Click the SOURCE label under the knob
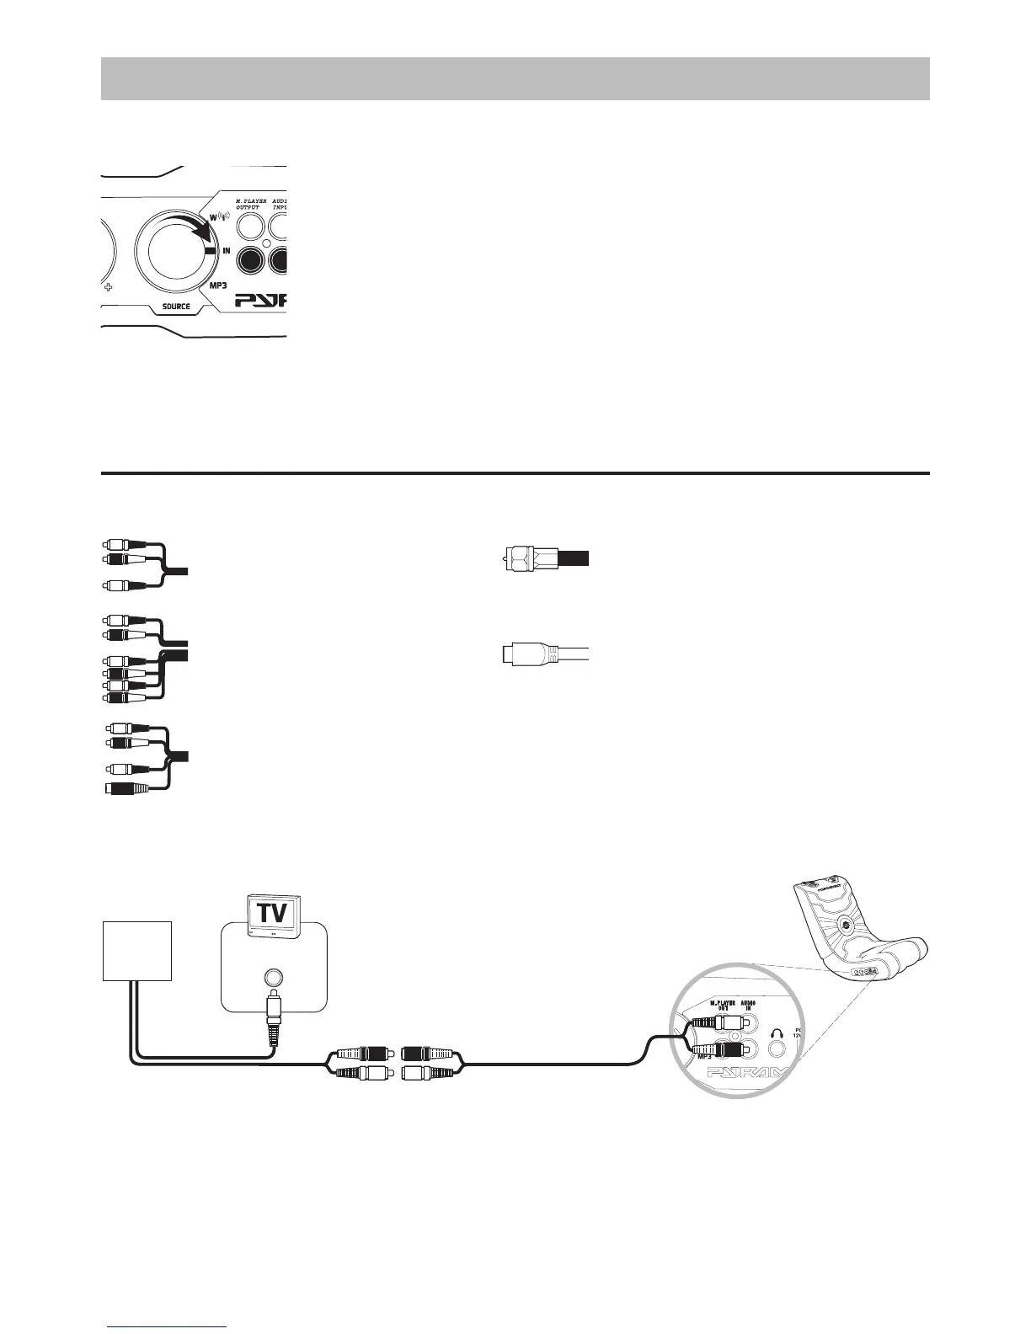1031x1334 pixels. pyautogui.click(x=176, y=306)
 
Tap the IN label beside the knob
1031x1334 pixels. pyautogui.click(x=227, y=251)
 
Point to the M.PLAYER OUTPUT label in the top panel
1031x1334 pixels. pyautogui.click(x=250, y=205)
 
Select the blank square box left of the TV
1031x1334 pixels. pyautogui.click(x=137, y=950)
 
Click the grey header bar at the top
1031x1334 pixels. pyautogui.click(x=515, y=78)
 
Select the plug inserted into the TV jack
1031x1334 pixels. pyautogui.click(x=272, y=1019)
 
